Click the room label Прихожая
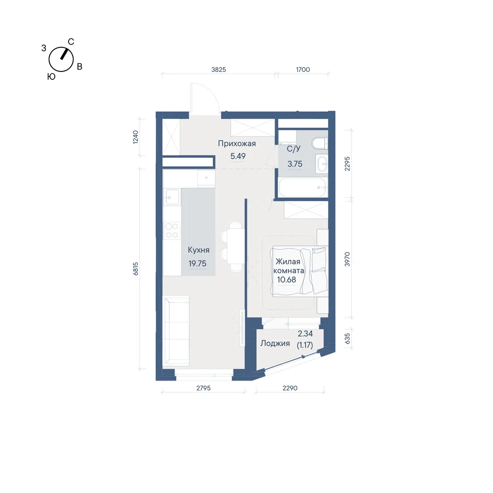(237, 143)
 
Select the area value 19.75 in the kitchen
(198, 263)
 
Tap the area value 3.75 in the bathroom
(295, 164)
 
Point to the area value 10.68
(286, 280)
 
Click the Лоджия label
(275, 343)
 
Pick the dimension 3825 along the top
(218, 70)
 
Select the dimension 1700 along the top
(303, 70)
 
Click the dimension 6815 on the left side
(136, 269)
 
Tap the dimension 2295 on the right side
(347, 164)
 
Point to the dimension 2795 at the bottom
(204, 388)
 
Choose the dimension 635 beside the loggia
(347, 339)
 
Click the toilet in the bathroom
(320, 143)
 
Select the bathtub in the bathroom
(303, 187)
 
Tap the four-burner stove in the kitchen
(172, 230)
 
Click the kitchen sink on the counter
(172, 197)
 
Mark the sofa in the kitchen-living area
(176, 331)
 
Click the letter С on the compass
(71, 42)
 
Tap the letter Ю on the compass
(51, 76)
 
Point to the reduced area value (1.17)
(305, 345)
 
